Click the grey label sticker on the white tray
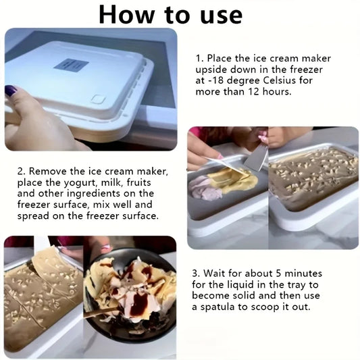[71, 65]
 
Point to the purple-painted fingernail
[11, 91]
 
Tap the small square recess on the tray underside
[98, 99]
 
